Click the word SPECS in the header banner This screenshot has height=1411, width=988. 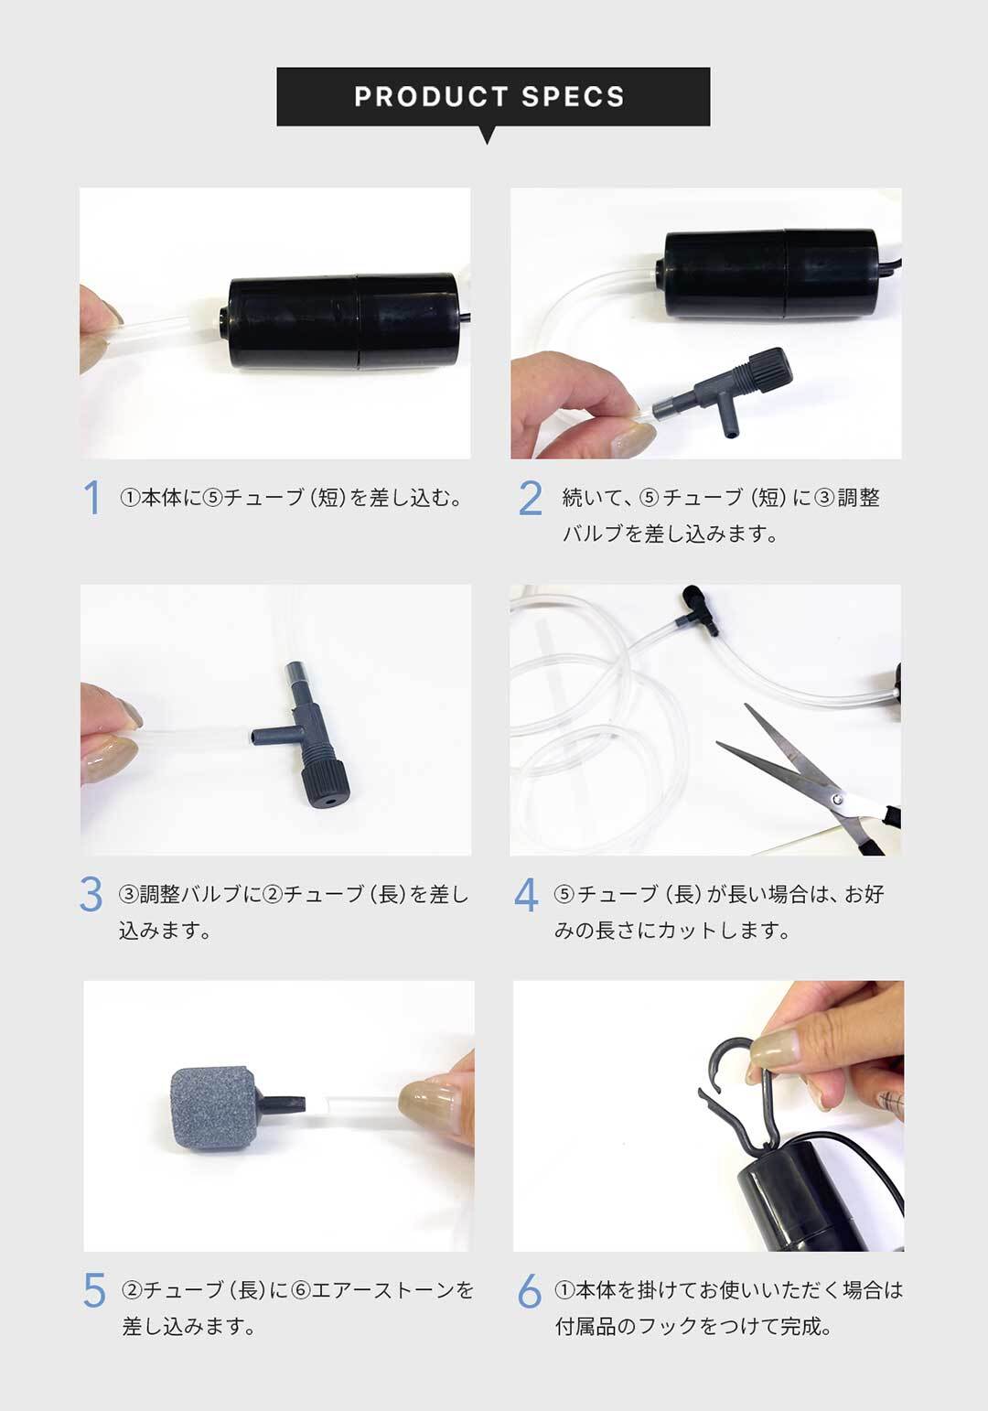573,96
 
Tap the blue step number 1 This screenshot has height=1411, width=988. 92,498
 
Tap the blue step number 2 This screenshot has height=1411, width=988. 531,498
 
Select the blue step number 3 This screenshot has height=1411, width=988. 91,894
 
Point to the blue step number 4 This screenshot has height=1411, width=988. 526,895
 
